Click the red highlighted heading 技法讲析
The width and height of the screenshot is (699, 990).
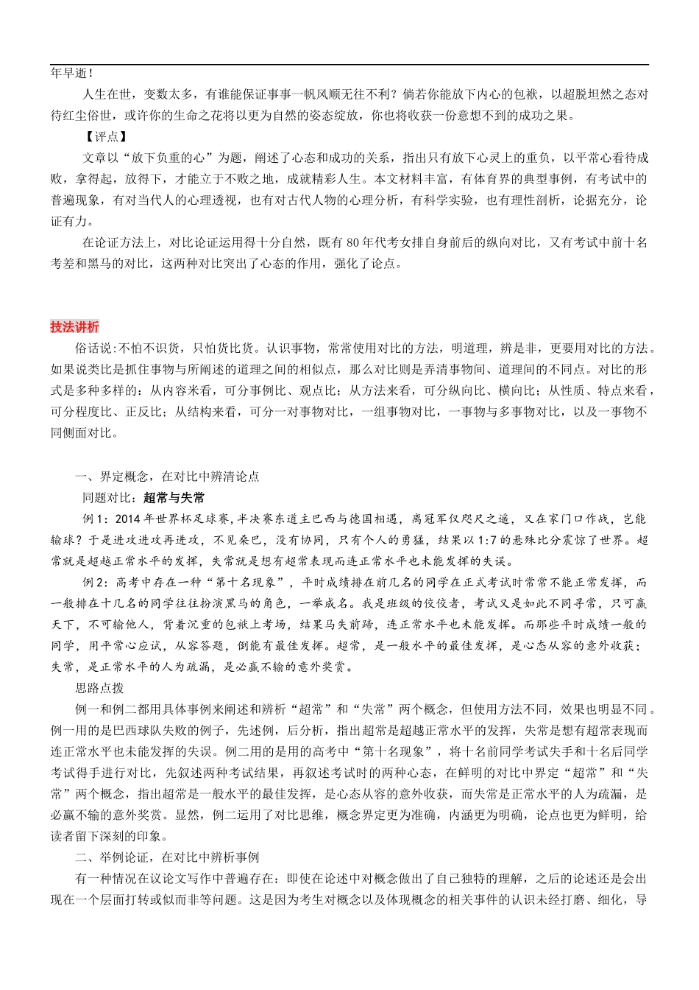74,327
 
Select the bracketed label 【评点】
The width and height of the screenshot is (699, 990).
105,136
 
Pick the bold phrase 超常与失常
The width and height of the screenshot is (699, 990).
174,498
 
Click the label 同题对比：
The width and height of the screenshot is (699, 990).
113,498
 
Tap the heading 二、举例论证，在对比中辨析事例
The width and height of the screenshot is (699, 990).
167,857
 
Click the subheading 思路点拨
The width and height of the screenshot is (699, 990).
99,688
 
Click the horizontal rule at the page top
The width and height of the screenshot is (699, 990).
349,65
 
